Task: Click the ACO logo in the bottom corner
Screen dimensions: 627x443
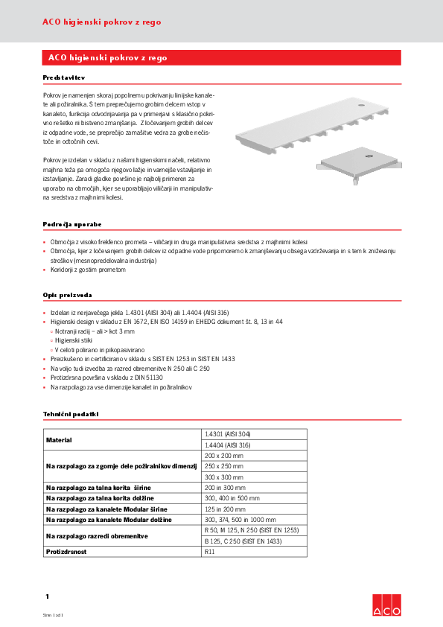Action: click(x=386, y=606)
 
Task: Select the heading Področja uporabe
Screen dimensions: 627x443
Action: click(x=71, y=223)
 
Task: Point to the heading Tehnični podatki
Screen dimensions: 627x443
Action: click(x=70, y=414)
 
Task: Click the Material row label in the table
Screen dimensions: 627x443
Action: click(x=59, y=439)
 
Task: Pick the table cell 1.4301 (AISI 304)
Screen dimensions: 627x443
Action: click(x=228, y=434)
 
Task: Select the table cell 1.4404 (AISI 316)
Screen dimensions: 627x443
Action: click(x=228, y=445)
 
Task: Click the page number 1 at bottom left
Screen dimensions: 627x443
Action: click(x=46, y=596)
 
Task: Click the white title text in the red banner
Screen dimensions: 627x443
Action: click(x=107, y=57)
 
